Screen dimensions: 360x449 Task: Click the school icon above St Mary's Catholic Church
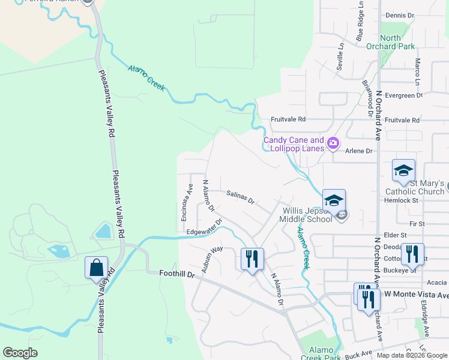tap(403, 170)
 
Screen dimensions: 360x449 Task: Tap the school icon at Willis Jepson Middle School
tap(334, 200)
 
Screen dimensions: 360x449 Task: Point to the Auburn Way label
tap(212, 259)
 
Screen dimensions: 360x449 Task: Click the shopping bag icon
tap(96, 268)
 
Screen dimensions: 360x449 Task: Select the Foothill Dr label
tap(178, 274)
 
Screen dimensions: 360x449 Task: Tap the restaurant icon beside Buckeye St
tap(412, 254)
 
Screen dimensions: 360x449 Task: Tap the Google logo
tap(20, 353)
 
